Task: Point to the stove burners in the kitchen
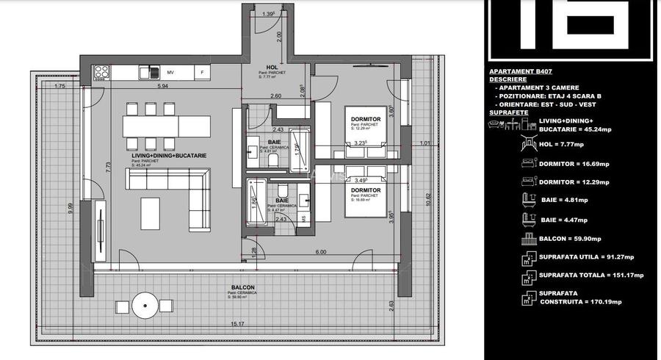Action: point(102,72)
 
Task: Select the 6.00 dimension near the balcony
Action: point(321,252)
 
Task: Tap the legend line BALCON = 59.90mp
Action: point(570,239)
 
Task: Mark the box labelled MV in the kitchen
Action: point(170,73)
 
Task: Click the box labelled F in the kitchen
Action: point(202,73)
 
